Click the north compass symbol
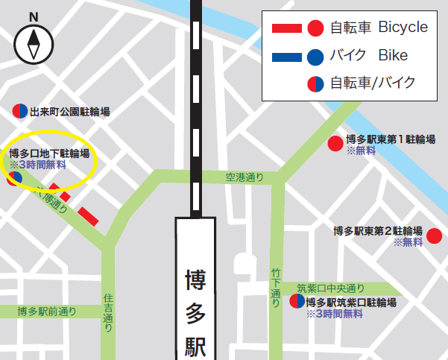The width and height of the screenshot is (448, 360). [x=34, y=44]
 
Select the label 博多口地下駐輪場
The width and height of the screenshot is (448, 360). [x=49, y=154]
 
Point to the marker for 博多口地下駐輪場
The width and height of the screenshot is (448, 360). [x=14, y=178]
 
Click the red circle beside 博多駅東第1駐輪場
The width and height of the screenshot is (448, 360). [x=336, y=144]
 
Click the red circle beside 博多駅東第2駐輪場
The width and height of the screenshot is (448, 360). [x=434, y=237]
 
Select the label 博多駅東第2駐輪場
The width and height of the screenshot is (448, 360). [x=378, y=231]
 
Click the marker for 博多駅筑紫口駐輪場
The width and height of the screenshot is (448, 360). [x=297, y=302]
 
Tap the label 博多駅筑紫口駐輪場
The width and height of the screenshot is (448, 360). [x=350, y=303]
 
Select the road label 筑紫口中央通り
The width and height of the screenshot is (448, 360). [x=331, y=288]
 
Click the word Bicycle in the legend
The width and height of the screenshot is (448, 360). [x=403, y=28]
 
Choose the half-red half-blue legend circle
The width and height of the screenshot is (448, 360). [x=315, y=83]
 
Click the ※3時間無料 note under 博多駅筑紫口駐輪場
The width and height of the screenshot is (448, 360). [x=334, y=314]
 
